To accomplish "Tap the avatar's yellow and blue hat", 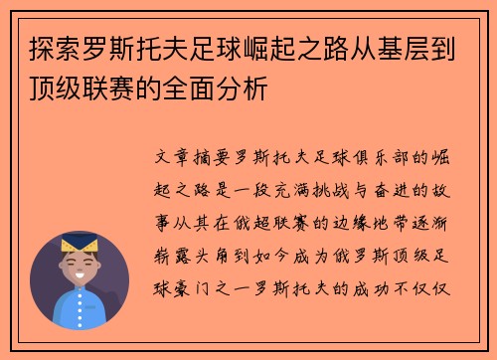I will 80,243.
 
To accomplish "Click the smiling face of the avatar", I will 80,266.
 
